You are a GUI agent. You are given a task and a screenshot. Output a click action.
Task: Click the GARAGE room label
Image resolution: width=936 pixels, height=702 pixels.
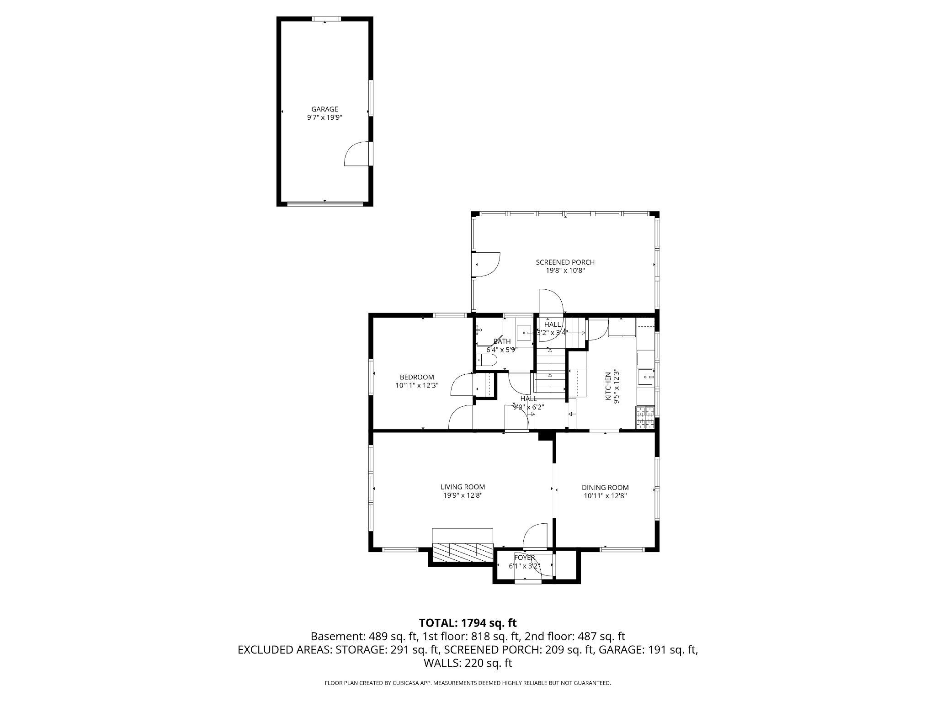[324, 109]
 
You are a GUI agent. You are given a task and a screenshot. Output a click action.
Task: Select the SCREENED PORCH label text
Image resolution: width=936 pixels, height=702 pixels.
[565, 262]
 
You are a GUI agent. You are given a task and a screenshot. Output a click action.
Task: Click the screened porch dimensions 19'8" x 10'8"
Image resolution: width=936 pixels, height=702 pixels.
[565, 271]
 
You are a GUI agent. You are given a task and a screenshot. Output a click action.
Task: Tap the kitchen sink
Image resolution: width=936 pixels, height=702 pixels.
[646, 378]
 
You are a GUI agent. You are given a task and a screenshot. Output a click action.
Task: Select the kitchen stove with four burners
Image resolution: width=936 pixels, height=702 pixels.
[645, 417]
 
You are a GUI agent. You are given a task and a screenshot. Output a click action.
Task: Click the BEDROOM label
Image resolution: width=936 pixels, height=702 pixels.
[416, 377]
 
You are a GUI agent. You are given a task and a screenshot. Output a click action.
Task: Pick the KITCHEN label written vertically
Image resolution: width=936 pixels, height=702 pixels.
[608, 386]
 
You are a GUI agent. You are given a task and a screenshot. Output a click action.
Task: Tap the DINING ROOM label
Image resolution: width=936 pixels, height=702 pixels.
[605, 488]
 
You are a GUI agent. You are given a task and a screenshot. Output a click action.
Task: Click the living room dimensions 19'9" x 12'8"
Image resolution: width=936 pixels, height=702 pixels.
[463, 495]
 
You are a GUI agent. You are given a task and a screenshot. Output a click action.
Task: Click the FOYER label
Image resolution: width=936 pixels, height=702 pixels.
[524, 558]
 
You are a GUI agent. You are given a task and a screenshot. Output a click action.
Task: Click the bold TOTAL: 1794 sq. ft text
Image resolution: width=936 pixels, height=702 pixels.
[468, 622]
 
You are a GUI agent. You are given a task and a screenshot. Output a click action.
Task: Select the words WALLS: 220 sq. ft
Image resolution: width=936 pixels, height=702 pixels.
[468, 663]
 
